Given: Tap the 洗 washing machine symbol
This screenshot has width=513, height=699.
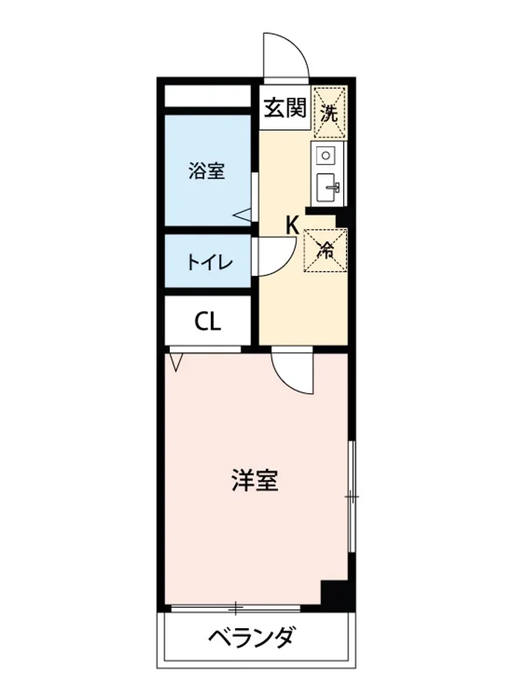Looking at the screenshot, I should [x=330, y=112].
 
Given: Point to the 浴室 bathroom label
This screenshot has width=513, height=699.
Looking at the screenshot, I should [x=206, y=171].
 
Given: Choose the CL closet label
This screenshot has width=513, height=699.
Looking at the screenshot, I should [x=208, y=322].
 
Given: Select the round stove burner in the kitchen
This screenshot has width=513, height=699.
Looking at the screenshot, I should [x=326, y=156].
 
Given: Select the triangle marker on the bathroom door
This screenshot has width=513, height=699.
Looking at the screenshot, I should [x=243, y=215].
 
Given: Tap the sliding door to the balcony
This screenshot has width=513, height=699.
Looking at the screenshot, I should [x=236, y=609].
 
